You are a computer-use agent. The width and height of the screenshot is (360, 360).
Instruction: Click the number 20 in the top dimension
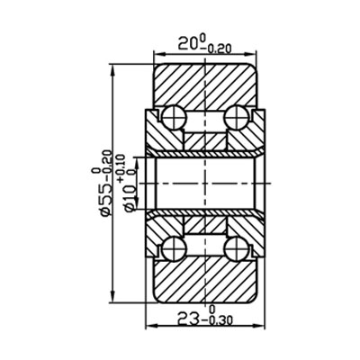pyautogui.click(x=187, y=42)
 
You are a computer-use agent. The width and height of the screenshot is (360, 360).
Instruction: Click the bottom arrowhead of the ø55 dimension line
pyautogui.click(x=112, y=301)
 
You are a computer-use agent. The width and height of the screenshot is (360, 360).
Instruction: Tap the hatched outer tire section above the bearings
pyautogui.click(x=207, y=81)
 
